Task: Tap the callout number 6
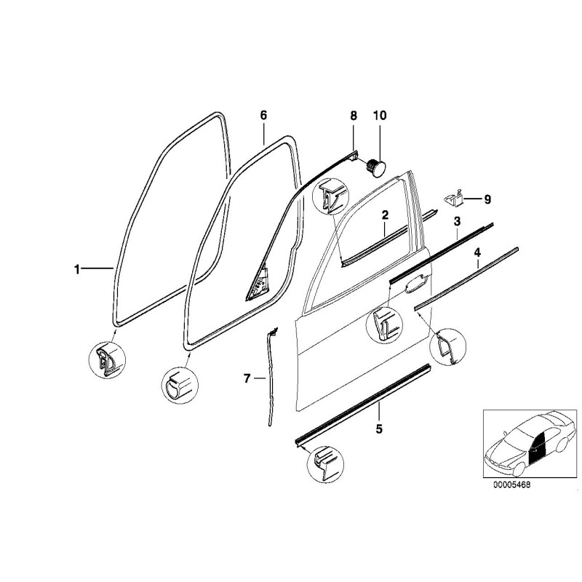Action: point(263,116)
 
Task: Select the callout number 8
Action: point(354,116)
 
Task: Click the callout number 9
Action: point(487,199)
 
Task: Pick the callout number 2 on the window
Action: point(385,215)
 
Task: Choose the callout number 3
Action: point(457,220)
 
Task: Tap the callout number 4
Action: point(477,253)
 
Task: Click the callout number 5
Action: point(378,428)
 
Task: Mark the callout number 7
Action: point(247,378)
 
